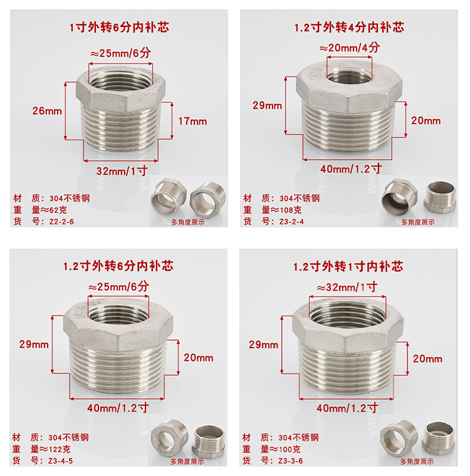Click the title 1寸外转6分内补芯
click(x=119, y=28)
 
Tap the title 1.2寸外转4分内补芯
click(x=349, y=28)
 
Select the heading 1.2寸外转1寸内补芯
click(x=348, y=267)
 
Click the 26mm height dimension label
click(x=47, y=111)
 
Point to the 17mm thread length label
click(x=192, y=122)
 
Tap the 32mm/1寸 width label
click(x=122, y=171)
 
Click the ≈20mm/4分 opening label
click(x=350, y=48)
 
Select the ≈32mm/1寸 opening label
click(x=347, y=287)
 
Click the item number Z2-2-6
click(x=61, y=222)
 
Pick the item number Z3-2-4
click(x=291, y=222)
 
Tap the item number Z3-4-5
click(x=60, y=461)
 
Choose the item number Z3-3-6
click(x=291, y=461)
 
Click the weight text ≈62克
click(x=54, y=210)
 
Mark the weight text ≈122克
click(x=55, y=449)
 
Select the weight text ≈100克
click(x=285, y=449)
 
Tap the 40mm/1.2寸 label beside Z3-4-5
click(x=118, y=408)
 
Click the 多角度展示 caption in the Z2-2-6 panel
click(x=188, y=222)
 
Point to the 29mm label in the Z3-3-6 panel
click(x=263, y=345)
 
